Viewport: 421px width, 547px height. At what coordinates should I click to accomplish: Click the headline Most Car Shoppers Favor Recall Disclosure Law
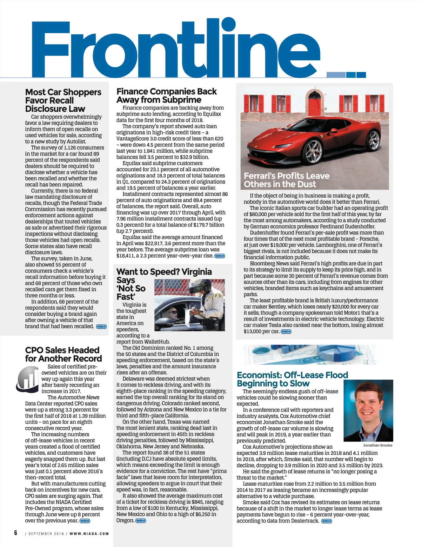(x=63, y=100)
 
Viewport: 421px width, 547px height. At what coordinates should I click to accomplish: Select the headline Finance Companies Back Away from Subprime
(x=167, y=95)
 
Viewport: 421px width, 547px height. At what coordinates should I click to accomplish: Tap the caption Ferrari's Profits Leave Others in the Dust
(x=286, y=180)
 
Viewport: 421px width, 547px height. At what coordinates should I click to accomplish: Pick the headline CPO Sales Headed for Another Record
(x=64, y=354)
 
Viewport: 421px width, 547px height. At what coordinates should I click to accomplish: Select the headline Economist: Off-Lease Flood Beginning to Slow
(x=292, y=379)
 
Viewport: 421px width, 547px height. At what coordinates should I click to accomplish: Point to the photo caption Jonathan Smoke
(x=377, y=445)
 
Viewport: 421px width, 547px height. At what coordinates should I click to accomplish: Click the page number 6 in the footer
(x=16, y=533)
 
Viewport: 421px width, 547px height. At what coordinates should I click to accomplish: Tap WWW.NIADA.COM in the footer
(x=89, y=534)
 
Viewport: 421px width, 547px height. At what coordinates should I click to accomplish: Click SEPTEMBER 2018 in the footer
(x=46, y=534)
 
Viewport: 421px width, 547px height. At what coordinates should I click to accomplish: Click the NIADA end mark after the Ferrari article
(x=286, y=331)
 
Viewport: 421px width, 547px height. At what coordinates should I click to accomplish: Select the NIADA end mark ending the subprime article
(x=220, y=256)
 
